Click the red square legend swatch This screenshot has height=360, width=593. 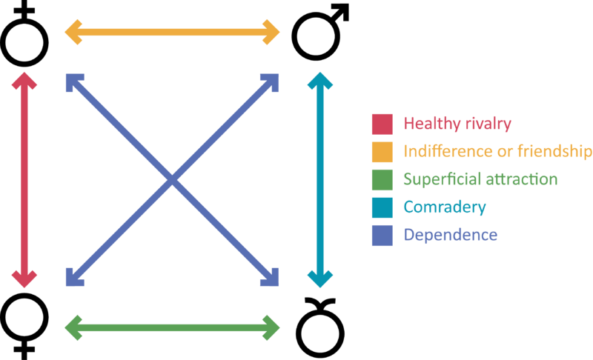(382, 124)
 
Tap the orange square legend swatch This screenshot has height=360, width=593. (382, 152)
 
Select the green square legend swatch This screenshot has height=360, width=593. (382, 179)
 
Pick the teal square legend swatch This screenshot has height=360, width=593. (382, 207)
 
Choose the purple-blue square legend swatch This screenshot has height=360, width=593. (382, 235)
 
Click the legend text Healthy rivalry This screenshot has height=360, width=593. (457, 124)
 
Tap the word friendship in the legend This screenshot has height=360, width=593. (551, 152)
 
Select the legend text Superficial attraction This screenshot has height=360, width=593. (480, 179)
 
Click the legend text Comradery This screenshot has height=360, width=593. (444, 207)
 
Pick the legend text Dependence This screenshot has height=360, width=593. (450, 235)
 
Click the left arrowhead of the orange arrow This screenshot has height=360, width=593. (73, 32)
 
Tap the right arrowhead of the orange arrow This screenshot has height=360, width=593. (272, 32)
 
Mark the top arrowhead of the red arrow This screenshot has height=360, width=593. (24, 81)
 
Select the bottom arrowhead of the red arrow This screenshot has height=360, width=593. (24, 279)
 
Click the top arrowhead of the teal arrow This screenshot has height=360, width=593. (320, 81)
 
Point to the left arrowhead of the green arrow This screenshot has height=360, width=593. (73, 326)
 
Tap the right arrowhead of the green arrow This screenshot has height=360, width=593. (272, 326)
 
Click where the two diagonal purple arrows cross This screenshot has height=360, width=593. (172, 179)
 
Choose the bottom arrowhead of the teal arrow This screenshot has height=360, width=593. (320, 279)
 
